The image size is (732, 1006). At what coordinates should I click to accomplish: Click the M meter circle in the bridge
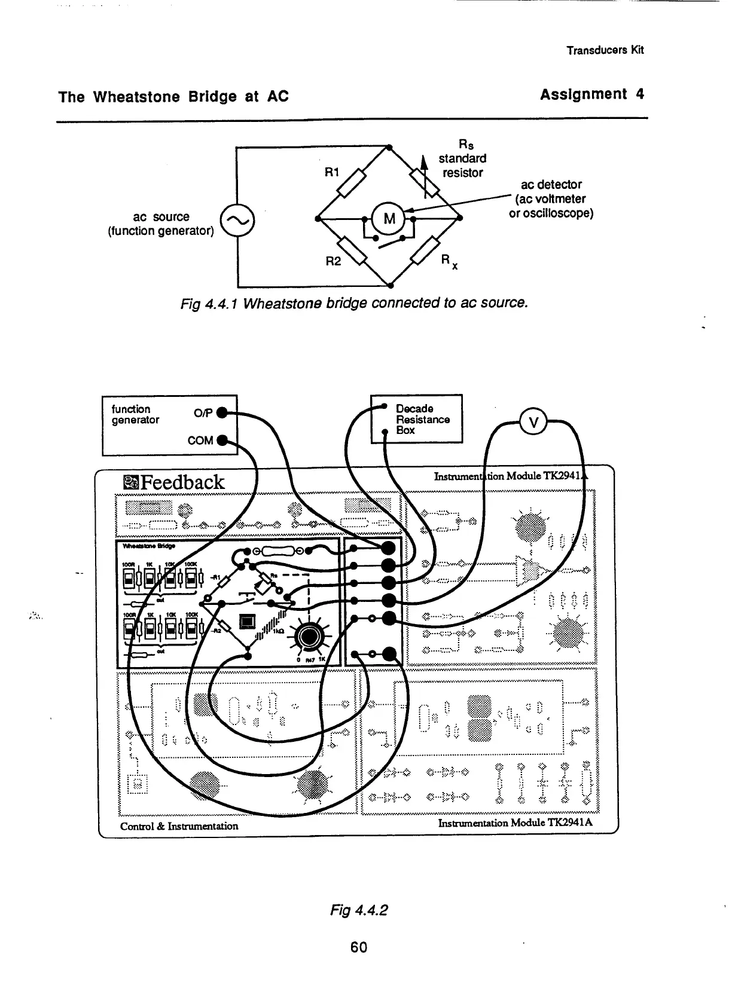(389, 218)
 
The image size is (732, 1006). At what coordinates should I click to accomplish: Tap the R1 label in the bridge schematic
(332, 172)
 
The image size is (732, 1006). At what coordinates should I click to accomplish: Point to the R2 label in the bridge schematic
(333, 261)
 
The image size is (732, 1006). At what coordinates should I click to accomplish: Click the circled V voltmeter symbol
(535, 421)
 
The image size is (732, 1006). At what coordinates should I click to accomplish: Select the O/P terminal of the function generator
(221, 412)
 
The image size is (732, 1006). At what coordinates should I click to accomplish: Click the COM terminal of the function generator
(221, 441)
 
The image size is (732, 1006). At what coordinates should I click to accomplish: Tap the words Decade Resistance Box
(422, 419)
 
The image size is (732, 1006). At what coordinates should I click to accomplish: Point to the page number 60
(358, 947)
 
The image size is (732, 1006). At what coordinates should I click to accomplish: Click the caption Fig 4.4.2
(359, 910)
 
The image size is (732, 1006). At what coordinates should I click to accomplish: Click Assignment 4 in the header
(591, 94)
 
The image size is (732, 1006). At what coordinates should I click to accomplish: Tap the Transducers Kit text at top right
(605, 50)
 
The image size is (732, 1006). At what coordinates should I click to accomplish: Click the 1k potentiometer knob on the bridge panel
(308, 637)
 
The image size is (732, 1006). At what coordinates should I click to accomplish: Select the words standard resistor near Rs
(462, 166)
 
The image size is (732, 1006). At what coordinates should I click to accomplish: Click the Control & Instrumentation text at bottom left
(179, 826)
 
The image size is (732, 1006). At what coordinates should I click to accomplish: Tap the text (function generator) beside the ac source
(160, 231)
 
